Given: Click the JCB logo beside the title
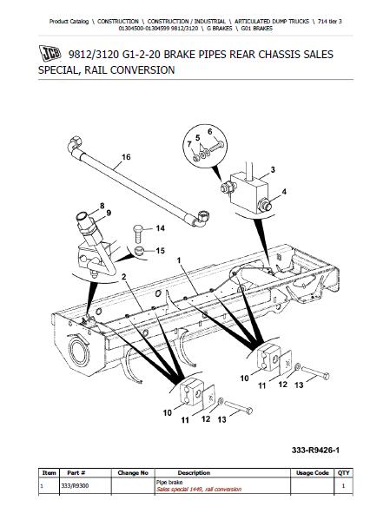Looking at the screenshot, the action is point(50,54).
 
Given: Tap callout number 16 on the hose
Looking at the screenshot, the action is point(126,157).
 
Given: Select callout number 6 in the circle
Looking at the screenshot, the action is point(210,132).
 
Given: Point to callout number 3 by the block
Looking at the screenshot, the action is point(273,170).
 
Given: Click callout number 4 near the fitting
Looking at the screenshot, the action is point(284,192).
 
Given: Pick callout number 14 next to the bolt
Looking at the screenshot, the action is point(160,228).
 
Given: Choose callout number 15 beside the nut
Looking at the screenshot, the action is point(160,251).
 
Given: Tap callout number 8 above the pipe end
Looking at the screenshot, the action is point(102,206).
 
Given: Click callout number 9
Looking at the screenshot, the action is point(109,213).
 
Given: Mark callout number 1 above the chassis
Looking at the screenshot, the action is point(179,260).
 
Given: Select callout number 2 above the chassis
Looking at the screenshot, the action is point(123,277).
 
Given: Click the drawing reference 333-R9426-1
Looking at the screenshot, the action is point(315,451).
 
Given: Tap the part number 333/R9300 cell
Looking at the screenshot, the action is point(75,486).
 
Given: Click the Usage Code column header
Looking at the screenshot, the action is point(312,473).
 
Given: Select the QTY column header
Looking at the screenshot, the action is point(343,473).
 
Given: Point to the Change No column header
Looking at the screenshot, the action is point(133,473).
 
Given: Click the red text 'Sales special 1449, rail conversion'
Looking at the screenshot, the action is point(199,490).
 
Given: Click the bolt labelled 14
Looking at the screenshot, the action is point(138,233).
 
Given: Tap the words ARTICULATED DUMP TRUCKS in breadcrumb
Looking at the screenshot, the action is point(272,21).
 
